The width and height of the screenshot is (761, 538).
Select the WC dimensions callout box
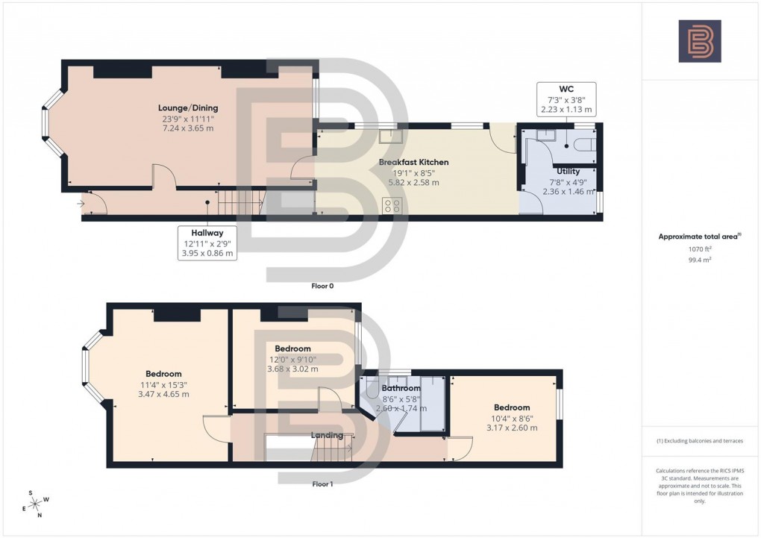(x=566, y=99)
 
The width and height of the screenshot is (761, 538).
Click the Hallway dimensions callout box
(x=207, y=243)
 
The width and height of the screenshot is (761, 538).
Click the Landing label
(x=327, y=435)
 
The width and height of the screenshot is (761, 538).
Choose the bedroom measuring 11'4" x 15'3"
(x=163, y=384)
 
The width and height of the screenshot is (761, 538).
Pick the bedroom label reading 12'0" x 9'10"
(x=292, y=359)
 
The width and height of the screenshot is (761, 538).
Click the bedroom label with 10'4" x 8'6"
(x=511, y=417)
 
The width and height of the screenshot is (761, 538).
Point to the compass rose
(x=35, y=503)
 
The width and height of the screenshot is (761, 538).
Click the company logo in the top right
(x=700, y=40)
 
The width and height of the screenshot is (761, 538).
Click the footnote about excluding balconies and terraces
(x=700, y=441)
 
